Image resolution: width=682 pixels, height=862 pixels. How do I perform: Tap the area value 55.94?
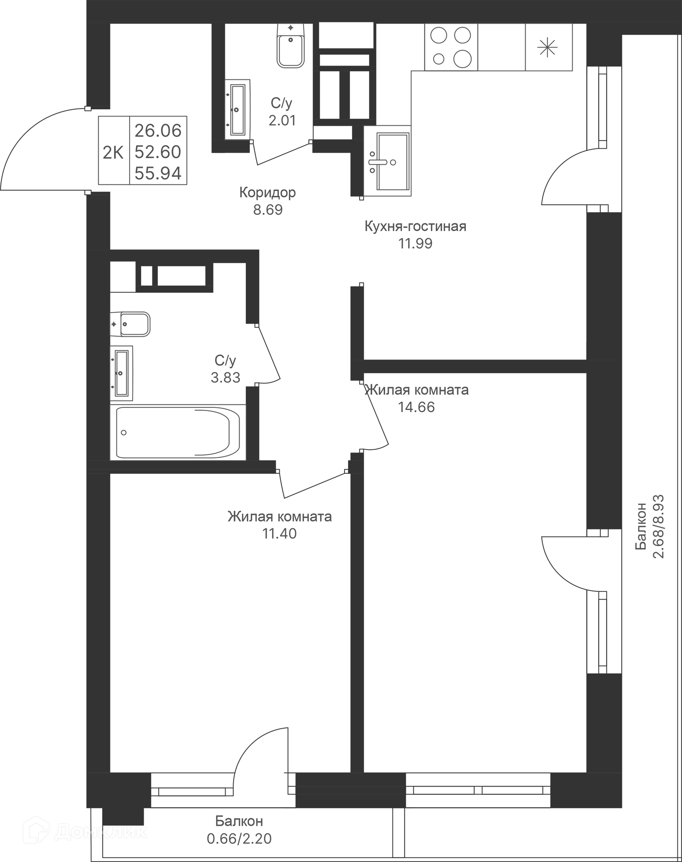click(158, 174)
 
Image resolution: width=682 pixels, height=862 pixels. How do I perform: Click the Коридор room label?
click(267, 193)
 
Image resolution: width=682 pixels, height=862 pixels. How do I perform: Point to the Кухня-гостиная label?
click(415, 226)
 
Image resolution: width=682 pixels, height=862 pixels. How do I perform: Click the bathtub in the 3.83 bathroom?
click(178, 432)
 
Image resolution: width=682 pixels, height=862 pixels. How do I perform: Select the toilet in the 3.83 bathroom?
click(130, 324)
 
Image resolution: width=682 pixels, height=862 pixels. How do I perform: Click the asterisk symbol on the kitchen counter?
click(547, 48)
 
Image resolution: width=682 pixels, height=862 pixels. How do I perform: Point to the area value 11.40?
click(280, 534)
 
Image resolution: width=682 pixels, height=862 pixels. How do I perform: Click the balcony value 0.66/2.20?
click(239, 838)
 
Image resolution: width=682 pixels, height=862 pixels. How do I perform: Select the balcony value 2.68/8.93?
click(658, 526)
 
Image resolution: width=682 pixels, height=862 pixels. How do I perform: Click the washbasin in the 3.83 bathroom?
click(121, 373)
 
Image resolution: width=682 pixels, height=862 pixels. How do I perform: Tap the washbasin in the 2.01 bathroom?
click(237, 109)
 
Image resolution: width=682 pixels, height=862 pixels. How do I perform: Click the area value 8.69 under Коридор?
click(267, 210)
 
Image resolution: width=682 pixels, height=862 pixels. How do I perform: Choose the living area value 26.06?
click(158, 131)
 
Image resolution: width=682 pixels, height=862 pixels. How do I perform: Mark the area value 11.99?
click(415, 243)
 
